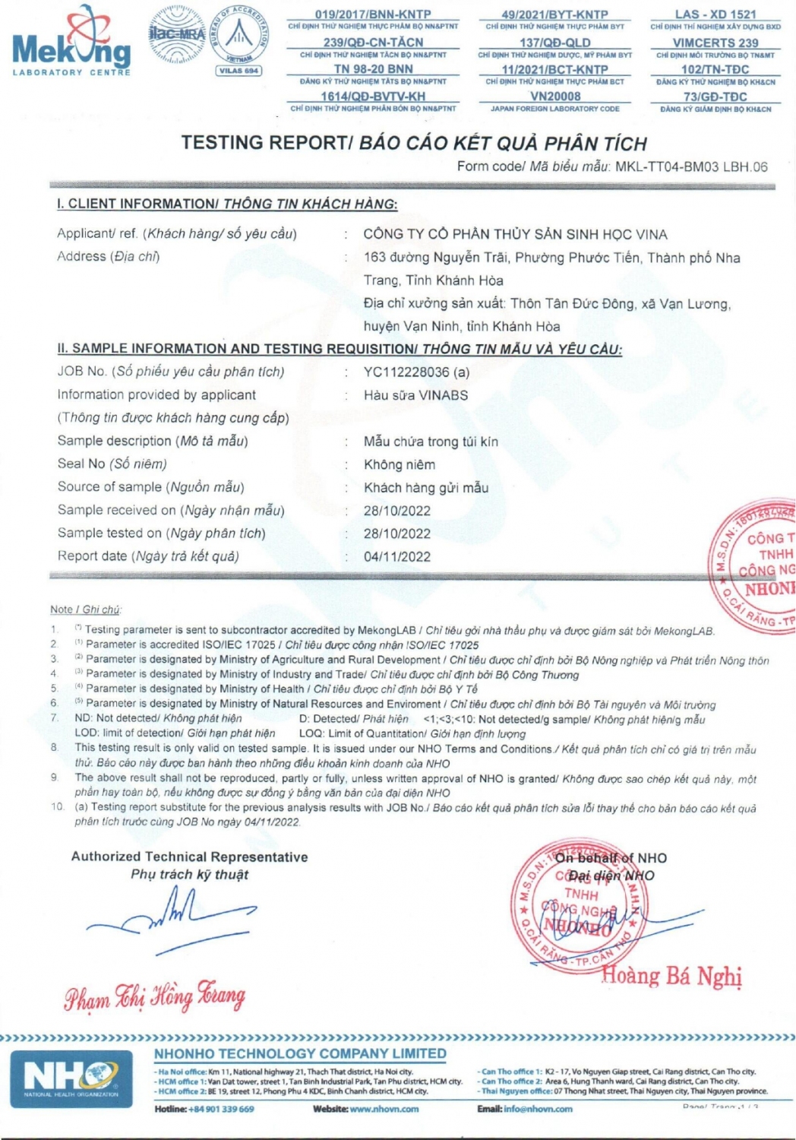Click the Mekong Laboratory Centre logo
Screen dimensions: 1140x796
(71, 42)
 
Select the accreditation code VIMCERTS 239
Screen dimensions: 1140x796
(715, 43)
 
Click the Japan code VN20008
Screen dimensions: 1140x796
(554, 97)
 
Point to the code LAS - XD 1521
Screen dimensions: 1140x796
(715, 14)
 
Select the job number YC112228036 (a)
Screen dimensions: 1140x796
(416, 372)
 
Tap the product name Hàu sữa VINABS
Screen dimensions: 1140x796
(415, 395)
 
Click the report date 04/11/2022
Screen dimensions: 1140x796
(396, 556)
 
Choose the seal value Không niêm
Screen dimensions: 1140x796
(399, 464)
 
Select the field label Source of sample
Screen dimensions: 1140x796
(109, 487)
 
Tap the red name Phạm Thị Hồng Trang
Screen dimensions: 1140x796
(154, 996)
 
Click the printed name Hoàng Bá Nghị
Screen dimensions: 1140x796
(671, 976)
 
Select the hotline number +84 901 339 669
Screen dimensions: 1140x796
(221, 1109)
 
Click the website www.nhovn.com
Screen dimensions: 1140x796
(384, 1109)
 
